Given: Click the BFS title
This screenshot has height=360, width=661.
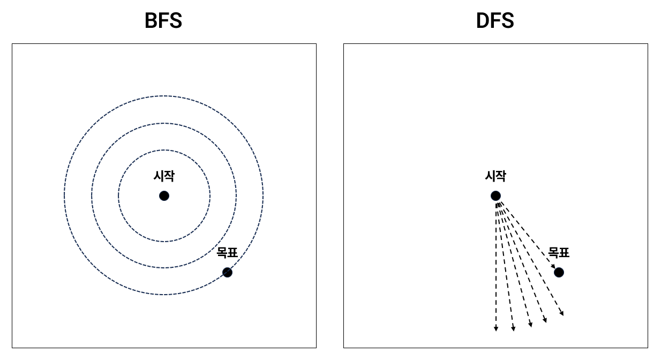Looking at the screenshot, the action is tap(163, 21).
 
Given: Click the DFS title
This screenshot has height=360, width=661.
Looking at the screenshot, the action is tap(495, 21).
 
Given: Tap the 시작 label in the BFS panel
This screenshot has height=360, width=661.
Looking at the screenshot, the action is tap(164, 176).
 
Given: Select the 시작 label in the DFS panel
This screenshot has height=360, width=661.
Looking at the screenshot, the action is tap(495, 176).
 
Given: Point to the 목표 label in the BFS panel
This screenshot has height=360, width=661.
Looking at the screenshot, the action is tap(227, 253).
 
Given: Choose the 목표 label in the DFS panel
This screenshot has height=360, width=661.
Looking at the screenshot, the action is tap(559, 253).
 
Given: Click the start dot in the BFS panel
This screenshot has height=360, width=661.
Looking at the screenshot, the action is tap(164, 196).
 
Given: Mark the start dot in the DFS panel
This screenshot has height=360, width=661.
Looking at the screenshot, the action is tap(495, 196).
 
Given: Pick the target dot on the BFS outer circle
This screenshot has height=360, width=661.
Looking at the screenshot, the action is tap(227, 272).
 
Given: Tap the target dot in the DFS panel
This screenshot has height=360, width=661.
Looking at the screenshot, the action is tap(559, 272).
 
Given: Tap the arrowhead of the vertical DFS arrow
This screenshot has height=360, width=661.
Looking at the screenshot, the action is tap(496, 328).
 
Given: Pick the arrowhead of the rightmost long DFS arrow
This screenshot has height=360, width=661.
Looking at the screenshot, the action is tap(562, 313).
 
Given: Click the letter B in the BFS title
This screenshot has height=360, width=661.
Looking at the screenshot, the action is tap(152, 21).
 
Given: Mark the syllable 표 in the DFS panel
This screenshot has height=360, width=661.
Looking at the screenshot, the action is tap(564, 253).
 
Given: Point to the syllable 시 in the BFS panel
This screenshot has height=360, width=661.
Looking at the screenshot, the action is tap(159, 176).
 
